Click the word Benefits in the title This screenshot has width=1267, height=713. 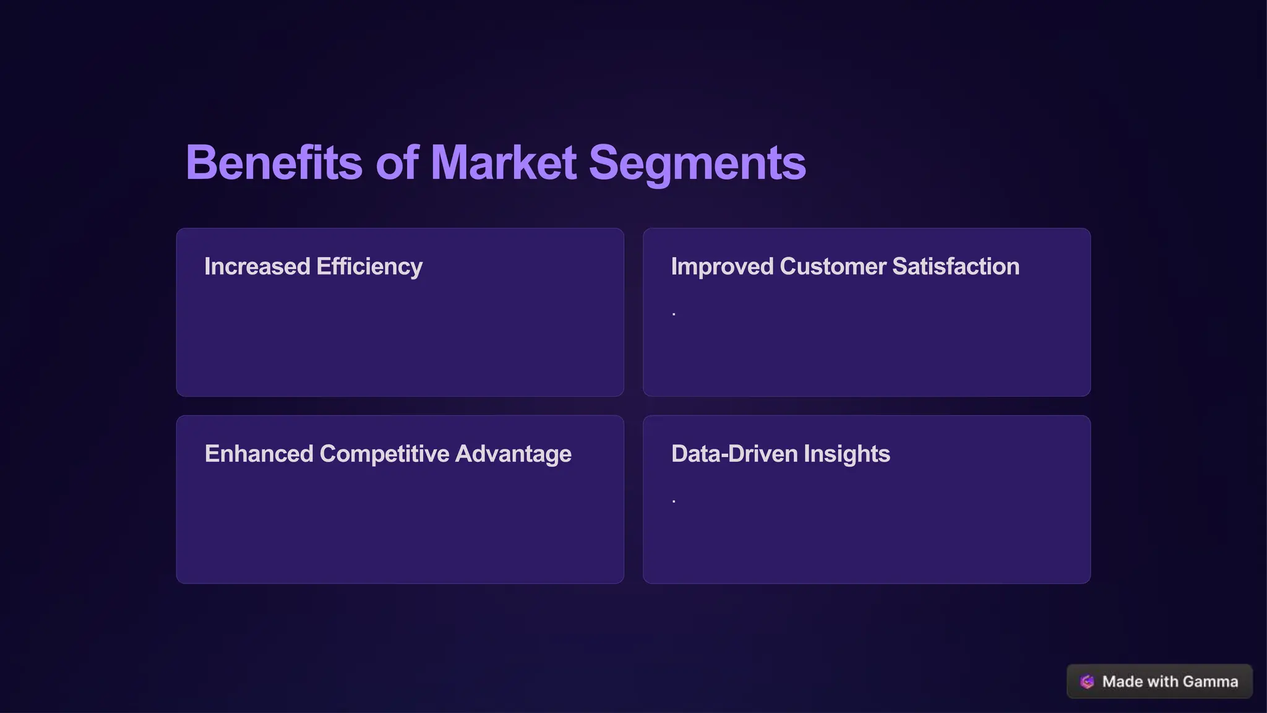coord(273,163)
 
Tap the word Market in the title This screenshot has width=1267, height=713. coord(504,163)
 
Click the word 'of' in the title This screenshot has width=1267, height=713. coord(397,163)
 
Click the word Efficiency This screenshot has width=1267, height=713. coord(369,267)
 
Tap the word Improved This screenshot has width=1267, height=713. coord(722,267)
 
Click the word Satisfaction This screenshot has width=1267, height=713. coord(956,267)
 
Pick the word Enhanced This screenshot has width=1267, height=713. coord(259,454)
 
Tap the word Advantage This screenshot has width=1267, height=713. coord(513,454)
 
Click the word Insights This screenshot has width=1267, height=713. coord(846,454)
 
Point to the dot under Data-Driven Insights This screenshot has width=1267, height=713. coord(674,501)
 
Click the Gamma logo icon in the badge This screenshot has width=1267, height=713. coord(1087,681)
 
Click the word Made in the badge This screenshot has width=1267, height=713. coord(1122,681)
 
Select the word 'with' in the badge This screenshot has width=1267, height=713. coord(1162,681)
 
